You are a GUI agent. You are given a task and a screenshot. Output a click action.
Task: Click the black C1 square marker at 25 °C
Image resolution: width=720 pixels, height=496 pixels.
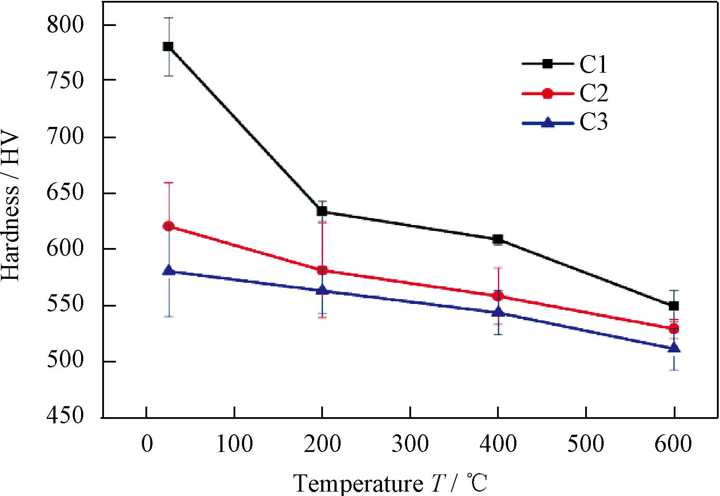click(x=168, y=46)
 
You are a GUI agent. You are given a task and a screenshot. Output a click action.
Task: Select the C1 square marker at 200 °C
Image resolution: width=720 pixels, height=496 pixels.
click(x=322, y=211)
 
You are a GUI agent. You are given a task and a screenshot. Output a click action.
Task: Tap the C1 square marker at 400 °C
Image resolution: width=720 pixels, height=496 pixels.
click(x=498, y=240)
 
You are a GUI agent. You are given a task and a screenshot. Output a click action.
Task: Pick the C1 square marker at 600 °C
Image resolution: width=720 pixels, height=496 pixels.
click(x=674, y=306)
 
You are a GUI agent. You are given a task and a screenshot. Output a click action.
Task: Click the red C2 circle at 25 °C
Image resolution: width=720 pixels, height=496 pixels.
click(x=168, y=226)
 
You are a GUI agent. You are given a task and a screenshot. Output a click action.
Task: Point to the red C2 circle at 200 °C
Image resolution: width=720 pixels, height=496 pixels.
click(x=322, y=270)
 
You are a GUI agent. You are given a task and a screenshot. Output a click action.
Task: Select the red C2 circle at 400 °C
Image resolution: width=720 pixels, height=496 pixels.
click(x=498, y=296)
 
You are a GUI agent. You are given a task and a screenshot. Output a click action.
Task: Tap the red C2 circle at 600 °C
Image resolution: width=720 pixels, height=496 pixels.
click(x=674, y=329)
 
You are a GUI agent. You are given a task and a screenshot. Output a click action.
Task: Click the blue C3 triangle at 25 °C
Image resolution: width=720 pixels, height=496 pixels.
click(x=168, y=270)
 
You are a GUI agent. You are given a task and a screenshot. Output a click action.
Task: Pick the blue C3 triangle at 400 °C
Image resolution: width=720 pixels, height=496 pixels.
click(x=498, y=312)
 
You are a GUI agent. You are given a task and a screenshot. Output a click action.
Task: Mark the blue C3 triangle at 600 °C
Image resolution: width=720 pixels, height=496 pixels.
click(x=674, y=348)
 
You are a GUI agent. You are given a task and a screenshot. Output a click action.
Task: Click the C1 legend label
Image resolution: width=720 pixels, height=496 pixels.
click(x=593, y=64)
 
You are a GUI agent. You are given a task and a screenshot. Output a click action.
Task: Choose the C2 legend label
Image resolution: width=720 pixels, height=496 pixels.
click(x=593, y=93)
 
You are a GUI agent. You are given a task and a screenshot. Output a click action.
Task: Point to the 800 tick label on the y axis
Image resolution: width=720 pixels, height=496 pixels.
click(x=65, y=25)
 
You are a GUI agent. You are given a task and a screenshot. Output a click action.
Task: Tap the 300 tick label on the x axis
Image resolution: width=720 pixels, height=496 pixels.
click(x=410, y=444)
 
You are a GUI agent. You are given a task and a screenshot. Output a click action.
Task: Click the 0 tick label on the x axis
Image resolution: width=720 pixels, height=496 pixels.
click(x=147, y=444)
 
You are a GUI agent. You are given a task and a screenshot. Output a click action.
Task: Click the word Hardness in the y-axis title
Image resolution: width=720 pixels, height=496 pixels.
click(x=11, y=235)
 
